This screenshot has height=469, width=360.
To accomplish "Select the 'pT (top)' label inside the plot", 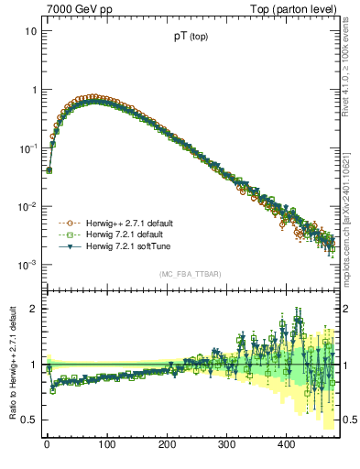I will [x=196, y=39].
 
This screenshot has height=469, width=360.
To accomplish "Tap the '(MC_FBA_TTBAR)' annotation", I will [x=196, y=274].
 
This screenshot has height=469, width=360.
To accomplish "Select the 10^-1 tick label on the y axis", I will [x=28, y=147].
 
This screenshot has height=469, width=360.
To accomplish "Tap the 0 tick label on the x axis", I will [x=47, y=444].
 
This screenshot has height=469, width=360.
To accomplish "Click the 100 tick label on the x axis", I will [x=106, y=444].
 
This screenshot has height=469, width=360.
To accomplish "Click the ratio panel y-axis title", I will [x=11, y=366].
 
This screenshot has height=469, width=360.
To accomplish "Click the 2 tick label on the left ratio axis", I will [x=33, y=309].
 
